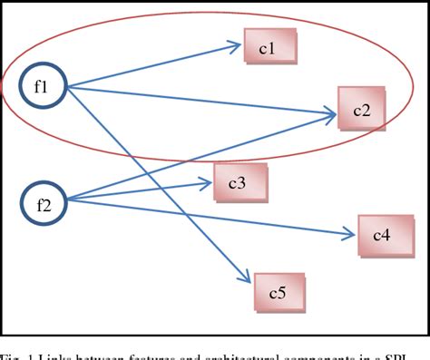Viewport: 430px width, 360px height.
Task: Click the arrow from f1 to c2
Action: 200,102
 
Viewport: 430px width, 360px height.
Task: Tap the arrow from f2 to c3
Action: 136,191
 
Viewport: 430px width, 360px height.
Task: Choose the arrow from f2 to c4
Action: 209,219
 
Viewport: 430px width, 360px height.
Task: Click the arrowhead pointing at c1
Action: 234,44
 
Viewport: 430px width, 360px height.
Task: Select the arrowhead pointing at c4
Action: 349,237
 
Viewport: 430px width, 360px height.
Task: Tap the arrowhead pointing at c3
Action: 205,184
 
